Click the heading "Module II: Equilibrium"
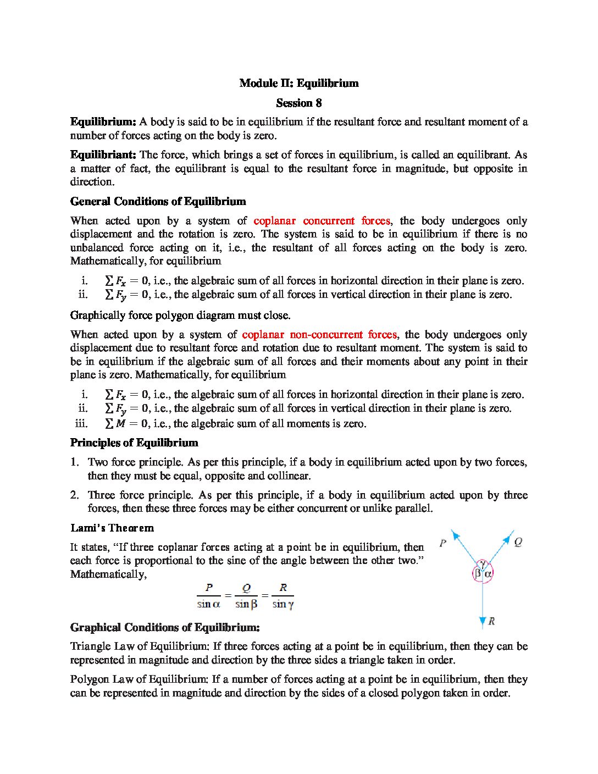[x=299, y=84]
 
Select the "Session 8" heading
[x=299, y=103]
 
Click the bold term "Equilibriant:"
[x=103, y=155]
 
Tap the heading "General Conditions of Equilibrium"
[x=158, y=201]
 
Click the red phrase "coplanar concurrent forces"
[x=322, y=221]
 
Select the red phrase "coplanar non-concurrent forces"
[x=319, y=334]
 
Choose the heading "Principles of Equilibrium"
[x=134, y=443]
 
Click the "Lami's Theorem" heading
[x=112, y=528]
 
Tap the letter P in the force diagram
[x=443, y=544]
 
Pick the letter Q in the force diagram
[x=518, y=543]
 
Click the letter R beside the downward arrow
[x=491, y=621]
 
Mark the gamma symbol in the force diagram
[x=482, y=563]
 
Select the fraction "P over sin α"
[x=209, y=596]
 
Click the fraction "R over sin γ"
[x=283, y=596]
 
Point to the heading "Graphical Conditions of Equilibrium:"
[x=165, y=628]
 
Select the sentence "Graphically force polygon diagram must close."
[x=180, y=316]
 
